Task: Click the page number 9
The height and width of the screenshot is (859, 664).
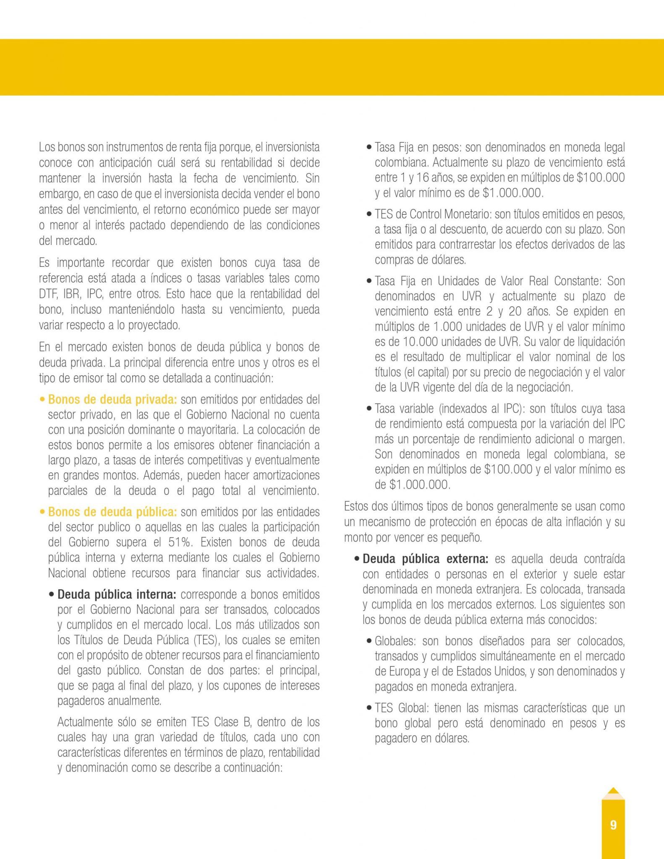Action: click(613, 825)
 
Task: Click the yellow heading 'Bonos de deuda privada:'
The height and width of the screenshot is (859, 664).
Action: click(112, 399)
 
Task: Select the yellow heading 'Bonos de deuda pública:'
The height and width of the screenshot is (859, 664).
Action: click(112, 512)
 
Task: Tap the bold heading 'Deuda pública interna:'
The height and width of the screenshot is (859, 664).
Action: click(117, 594)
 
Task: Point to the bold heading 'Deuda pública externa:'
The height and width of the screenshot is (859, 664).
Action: click(425, 559)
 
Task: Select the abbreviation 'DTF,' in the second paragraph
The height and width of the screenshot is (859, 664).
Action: click(49, 294)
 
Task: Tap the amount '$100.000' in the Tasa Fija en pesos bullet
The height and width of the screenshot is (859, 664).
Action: click(601, 177)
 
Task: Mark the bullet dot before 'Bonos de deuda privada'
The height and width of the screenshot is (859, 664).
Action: click(42, 400)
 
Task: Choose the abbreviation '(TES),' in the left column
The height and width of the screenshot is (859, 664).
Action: click(207, 640)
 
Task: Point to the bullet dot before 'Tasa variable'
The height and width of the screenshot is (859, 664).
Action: click(369, 409)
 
